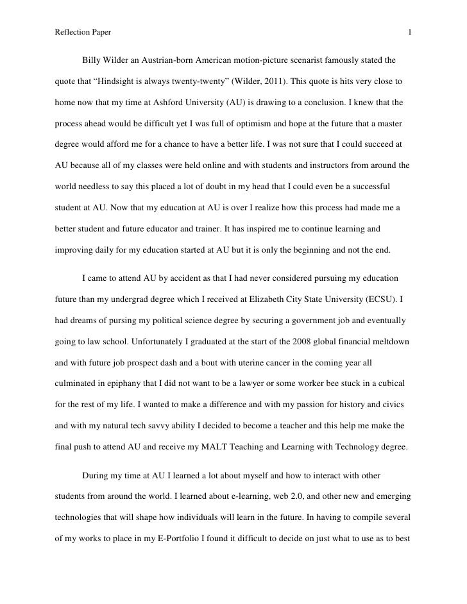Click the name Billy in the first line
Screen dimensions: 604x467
point(93,62)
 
